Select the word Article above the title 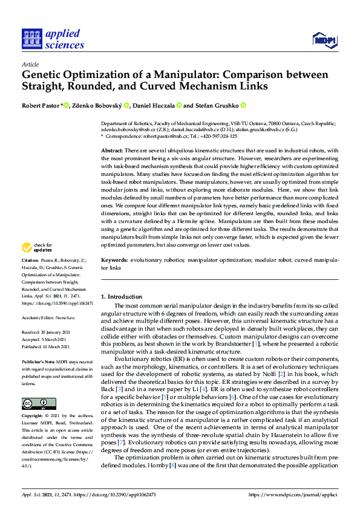click(x=30, y=63)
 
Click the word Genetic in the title click(x=42, y=74)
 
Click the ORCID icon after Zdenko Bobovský click(x=126, y=105)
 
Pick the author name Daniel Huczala click(x=154, y=105)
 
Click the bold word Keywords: click(x=114, y=260)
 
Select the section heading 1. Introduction click(x=121, y=297)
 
